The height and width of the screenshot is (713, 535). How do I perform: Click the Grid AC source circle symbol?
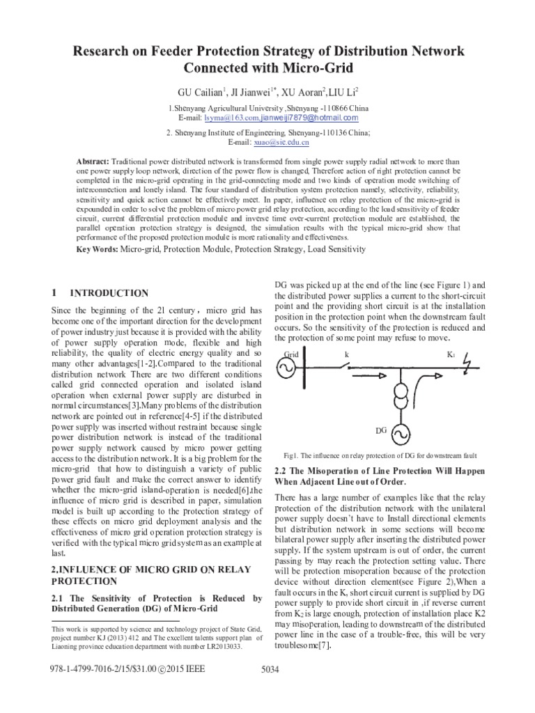(286, 370)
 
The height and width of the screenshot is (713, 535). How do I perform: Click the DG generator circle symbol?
(401, 433)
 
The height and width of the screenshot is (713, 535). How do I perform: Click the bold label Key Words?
(97, 249)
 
